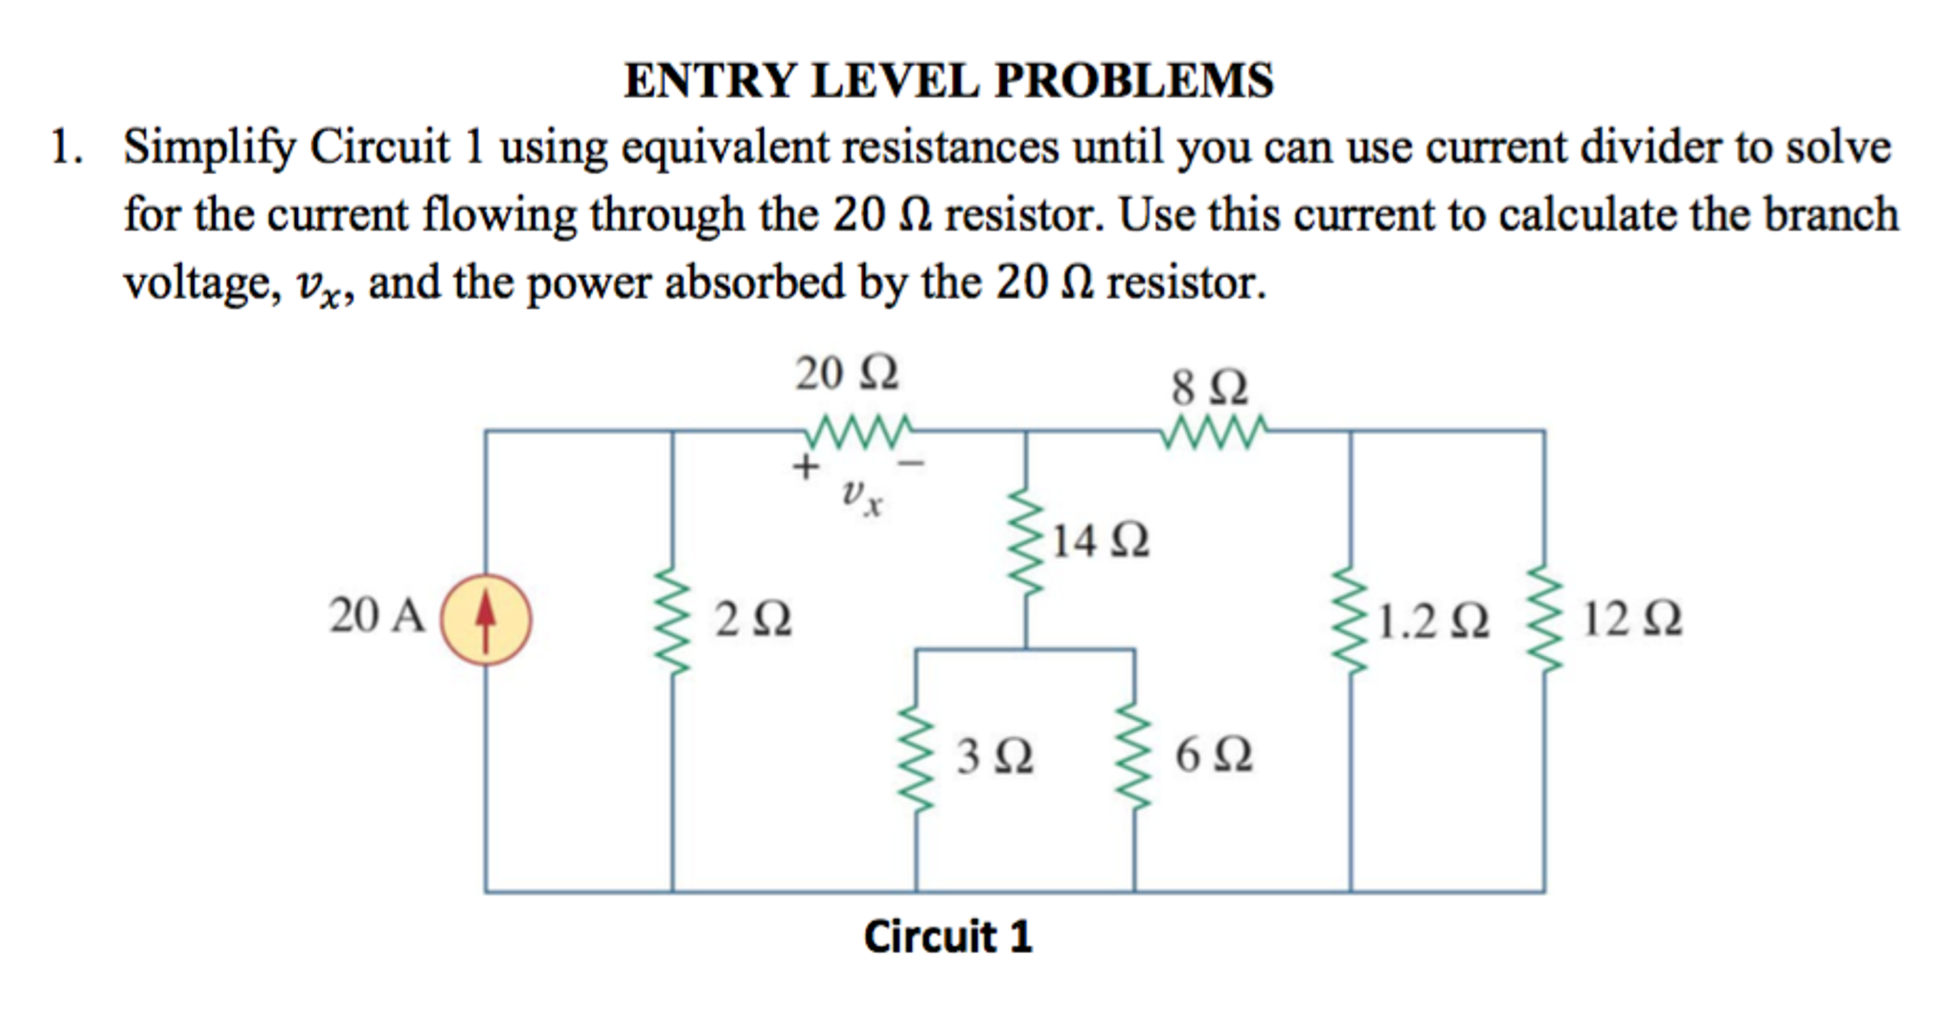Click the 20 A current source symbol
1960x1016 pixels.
(x=486, y=620)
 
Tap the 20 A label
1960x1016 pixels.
(x=376, y=615)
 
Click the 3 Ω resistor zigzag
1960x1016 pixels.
(x=917, y=758)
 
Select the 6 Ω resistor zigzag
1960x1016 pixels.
(x=1135, y=758)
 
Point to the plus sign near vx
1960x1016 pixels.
(x=806, y=467)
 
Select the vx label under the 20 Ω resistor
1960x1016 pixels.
(x=861, y=497)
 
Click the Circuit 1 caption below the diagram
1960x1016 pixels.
(x=947, y=937)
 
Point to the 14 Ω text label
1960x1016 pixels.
(x=1101, y=541)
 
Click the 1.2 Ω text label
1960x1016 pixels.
(x=1433, y=621)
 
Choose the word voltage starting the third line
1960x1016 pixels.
(x=201, y=283)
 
